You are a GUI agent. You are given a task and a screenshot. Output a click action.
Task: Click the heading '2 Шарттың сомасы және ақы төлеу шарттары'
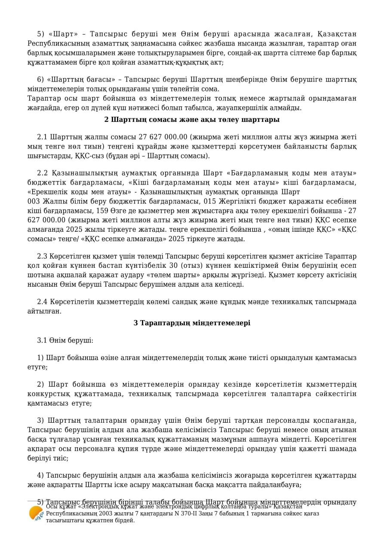(192, 120)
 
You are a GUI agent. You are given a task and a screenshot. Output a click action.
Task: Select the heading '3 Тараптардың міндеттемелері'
(192, 323)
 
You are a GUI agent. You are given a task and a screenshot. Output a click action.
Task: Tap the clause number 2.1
(42, 137)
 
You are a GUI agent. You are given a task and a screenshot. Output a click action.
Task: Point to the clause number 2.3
(42, 256)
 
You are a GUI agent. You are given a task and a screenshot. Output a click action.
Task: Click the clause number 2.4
(42, 302)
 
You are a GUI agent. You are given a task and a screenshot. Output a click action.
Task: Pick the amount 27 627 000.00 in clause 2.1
(163, 137)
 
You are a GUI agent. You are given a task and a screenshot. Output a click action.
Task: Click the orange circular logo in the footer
(36, 513)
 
